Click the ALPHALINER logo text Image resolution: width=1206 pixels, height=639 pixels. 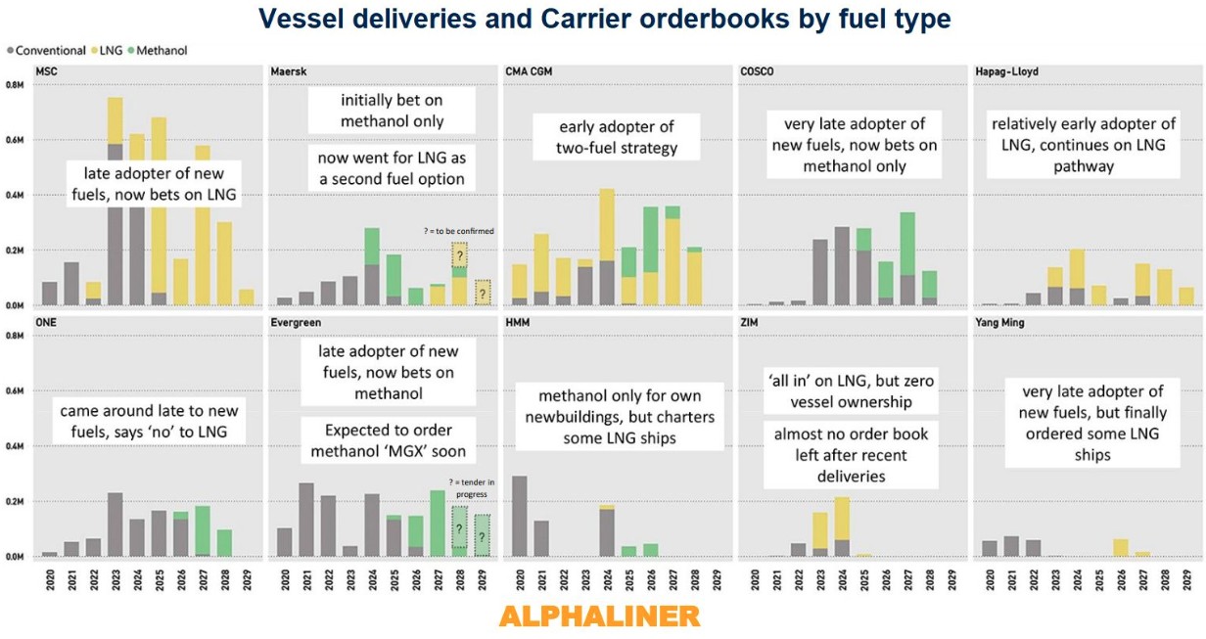(599, 616)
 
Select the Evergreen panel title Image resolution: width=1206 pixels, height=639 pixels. (297, 323)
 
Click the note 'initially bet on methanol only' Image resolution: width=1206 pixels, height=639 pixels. (392, 111)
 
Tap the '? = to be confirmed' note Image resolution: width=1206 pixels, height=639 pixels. (460, 231)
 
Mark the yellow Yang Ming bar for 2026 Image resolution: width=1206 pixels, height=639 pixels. (1121, 547)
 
